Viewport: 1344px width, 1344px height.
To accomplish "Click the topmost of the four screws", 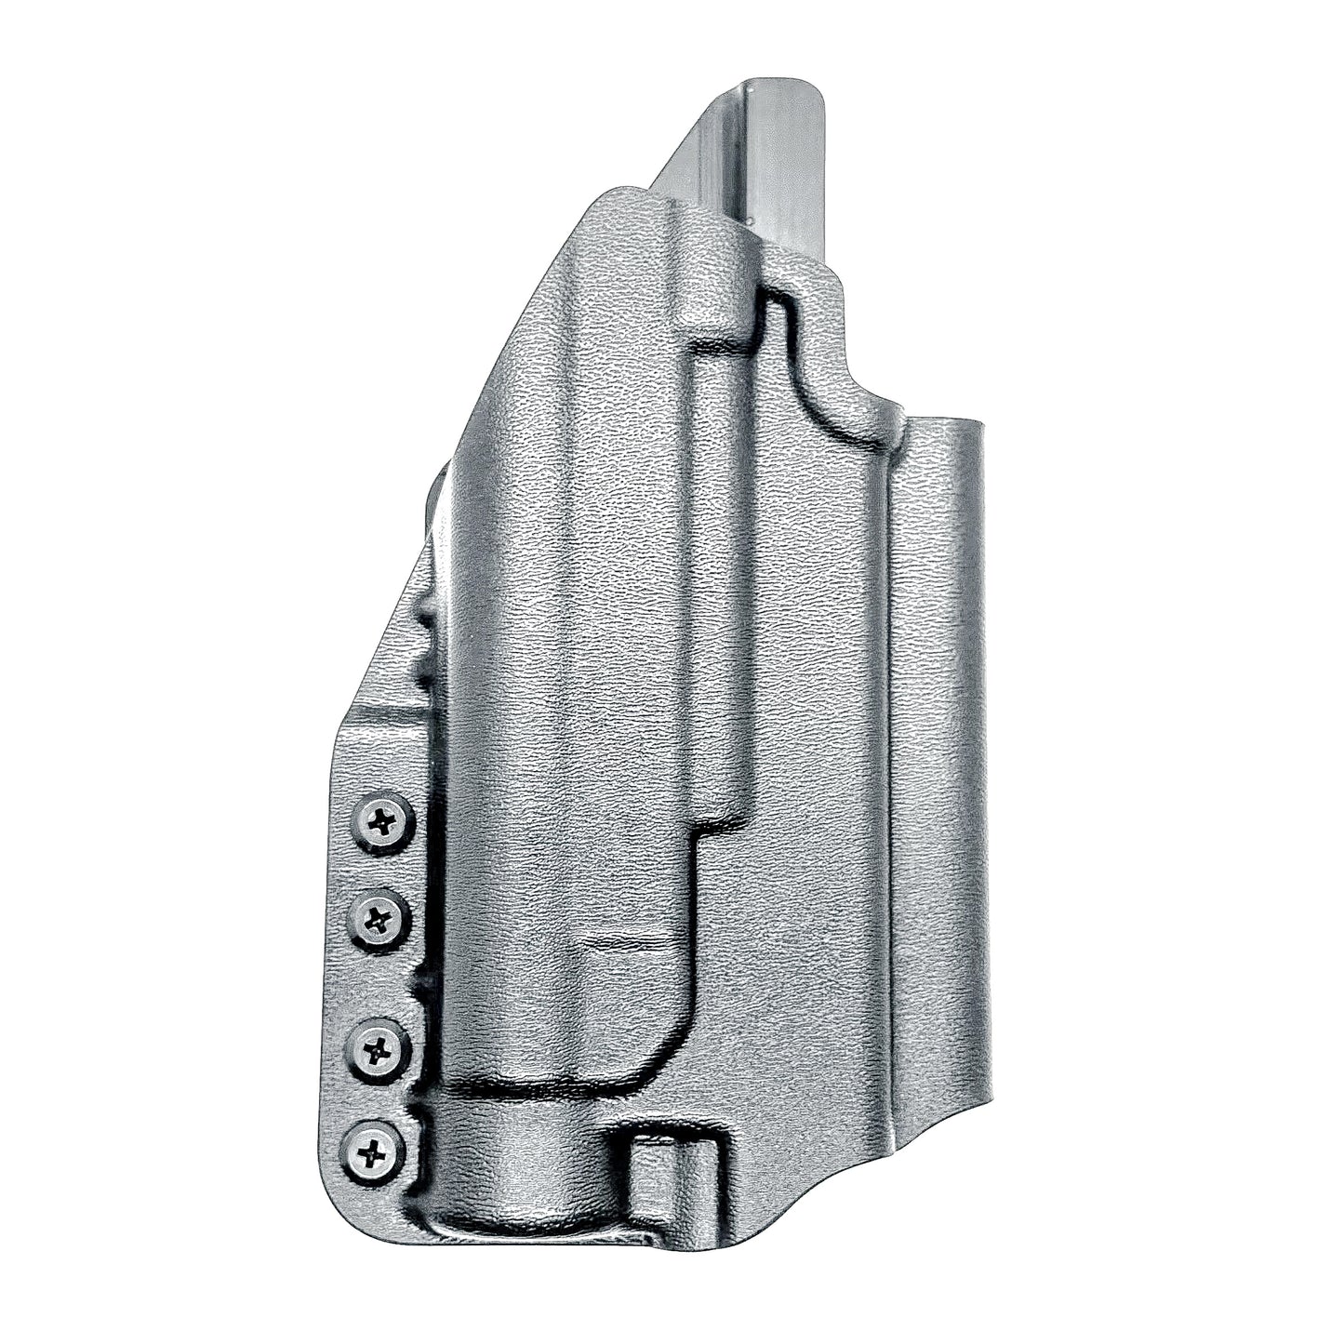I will pyautogui.click(x=381, y=819).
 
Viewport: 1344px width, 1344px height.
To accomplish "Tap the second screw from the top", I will pyautogui.click(x=378, y=921).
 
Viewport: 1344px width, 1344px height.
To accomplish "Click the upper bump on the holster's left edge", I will pyautogui.click(x=423, y=614).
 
